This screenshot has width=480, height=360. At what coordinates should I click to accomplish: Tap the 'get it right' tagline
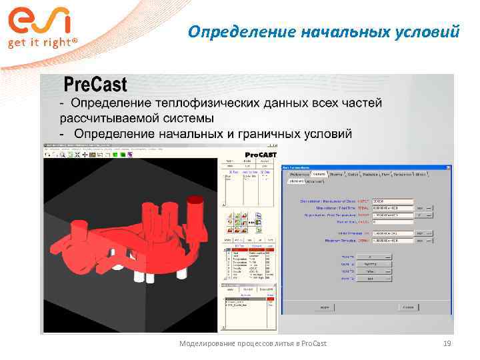43,43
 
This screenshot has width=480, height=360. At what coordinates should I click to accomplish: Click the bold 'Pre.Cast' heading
95,85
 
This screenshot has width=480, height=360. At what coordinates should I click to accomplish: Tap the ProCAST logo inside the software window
257,154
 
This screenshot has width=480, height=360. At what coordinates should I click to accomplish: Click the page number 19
447,343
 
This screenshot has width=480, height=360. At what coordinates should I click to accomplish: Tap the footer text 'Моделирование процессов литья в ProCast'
253,343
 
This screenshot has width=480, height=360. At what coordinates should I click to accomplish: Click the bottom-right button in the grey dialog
406,308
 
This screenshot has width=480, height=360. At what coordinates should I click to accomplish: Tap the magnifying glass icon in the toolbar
62,155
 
